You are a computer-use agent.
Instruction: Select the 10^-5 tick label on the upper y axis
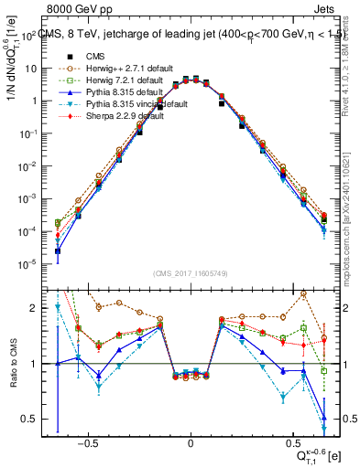27,264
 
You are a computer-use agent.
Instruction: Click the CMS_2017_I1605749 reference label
190,272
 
